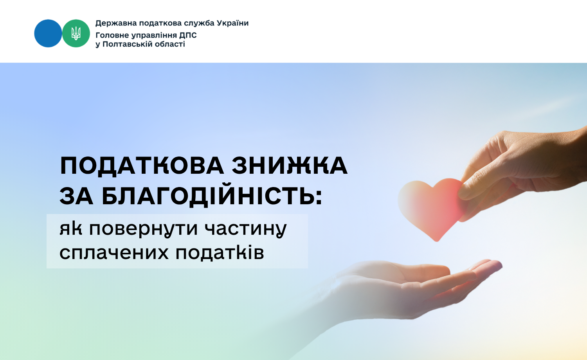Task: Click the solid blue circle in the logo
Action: (x=48, y=33)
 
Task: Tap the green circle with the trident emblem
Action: (x=76, y=33)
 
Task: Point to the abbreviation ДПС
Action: (x=188, y=35)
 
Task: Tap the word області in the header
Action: (x=170, y=44)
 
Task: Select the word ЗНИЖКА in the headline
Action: (x=290, y=166)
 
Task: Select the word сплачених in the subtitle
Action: (x=114, y=252)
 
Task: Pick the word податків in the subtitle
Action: (x=220, y=253)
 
